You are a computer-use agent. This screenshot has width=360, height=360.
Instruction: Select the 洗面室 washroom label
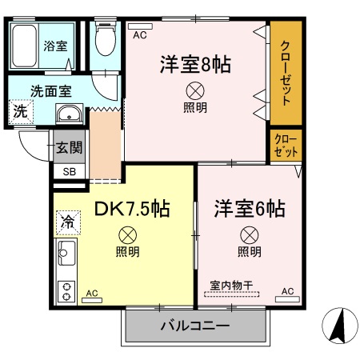click(47, 91)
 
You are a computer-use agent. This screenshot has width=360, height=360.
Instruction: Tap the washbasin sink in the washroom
click(70, 112)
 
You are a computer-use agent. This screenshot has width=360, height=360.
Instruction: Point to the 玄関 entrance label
click(69, 148)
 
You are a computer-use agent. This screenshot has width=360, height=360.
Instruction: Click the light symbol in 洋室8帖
click(194, 90)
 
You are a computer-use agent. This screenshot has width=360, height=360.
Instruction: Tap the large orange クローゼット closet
click(285, 73)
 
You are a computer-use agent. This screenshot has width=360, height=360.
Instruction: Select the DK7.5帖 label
click(131, 210)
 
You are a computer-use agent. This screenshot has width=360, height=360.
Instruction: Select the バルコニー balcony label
click(194, 326)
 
